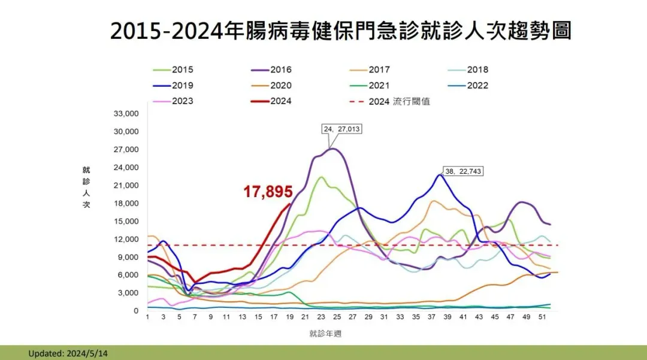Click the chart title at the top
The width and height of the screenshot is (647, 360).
341,31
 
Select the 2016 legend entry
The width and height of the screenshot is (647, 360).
271,69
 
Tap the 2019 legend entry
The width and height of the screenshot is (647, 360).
173,86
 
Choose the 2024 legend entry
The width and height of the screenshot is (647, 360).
271,101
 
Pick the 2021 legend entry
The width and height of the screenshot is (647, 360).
369,86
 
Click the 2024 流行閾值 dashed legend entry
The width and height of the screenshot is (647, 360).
389,101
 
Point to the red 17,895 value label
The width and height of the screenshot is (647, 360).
268,191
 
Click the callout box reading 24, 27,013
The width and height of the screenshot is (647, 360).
341,129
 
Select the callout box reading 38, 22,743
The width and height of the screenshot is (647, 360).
463,171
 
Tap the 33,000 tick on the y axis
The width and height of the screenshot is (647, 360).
126,113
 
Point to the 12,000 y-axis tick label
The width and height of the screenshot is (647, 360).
126,239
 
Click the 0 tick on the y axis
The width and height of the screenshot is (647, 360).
136,311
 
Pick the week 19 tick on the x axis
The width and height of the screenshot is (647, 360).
290,317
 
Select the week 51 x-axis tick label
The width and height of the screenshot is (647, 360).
542,317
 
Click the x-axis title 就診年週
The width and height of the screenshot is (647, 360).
325,334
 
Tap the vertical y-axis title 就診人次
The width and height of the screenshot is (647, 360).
86,187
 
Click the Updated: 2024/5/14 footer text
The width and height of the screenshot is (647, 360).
68,353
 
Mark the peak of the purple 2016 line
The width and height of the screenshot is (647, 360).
334,149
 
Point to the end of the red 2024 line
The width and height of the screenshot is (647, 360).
290,204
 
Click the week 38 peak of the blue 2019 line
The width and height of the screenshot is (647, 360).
440,175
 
